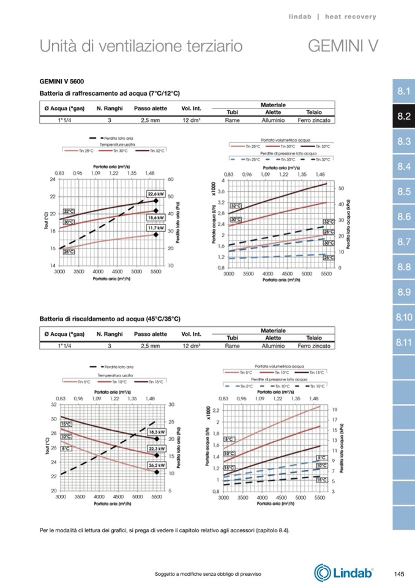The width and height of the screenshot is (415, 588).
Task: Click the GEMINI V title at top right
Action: [x=343, y=46]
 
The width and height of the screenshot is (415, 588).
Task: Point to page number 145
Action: [x=398, y=574]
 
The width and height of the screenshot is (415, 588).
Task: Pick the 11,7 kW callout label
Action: [x=156, y=228]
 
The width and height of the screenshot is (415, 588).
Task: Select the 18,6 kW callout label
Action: [x=156, y=217]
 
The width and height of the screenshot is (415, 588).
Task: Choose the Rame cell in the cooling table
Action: [x=232, y=120]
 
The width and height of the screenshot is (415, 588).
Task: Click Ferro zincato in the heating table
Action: [x=314, y=346]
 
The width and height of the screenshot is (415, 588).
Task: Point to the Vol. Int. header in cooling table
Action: [x=191, y=109]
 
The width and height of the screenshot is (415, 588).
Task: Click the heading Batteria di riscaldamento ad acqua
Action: [x=110, y=319]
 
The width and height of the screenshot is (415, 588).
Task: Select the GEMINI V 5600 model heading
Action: [x=62, y=81]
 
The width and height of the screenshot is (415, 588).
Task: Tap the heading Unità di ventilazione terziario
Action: [x=141, y=46]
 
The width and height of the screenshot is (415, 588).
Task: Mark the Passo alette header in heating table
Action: [x=151, y=334]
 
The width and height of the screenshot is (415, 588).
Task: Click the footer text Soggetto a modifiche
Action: [x=208, y=573]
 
